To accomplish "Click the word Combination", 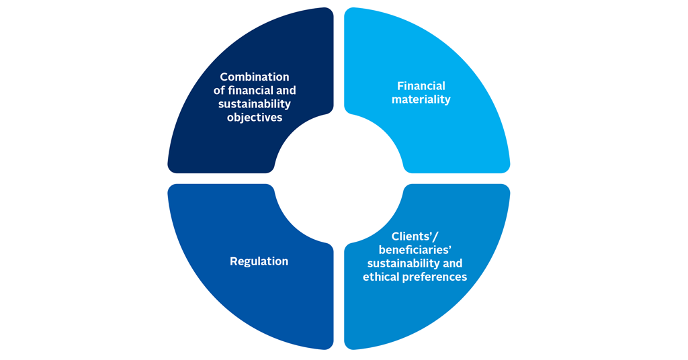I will pos(255,77).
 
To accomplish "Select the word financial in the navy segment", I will pos(252,90).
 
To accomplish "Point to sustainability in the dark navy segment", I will pos(255,104).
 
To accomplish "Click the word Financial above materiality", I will pos(421,86).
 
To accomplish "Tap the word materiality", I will pos(421,99).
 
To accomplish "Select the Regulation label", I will pos(259,261).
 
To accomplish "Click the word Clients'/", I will pos(415,236).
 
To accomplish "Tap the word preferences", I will pos(435,277).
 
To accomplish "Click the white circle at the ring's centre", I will pos(339,179).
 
